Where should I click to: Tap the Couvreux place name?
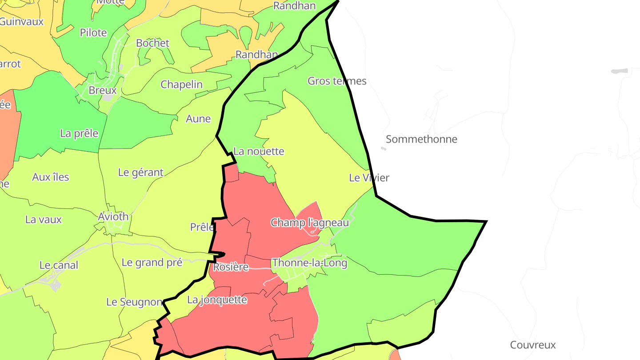click(x=533, y=345)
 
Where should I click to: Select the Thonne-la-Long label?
click(x=309, y=263)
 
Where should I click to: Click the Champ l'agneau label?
click(x=310, y=222)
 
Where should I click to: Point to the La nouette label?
click(x=259, y=152)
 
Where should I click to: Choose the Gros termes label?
click(x=337, y=81)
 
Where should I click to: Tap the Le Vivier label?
click(x=369, y=178)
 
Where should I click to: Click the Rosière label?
click(x=231, y=267)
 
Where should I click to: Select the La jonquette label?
click(x=217, y=300)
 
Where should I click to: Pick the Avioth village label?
click(x=113, y=217)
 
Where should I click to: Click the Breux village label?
click(x=103, y=90)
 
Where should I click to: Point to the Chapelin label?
click(x=181, y=84)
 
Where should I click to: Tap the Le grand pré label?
click(x=152, y=263)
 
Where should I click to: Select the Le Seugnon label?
click(x=134, y=302)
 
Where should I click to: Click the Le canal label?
click(x=59, y=265)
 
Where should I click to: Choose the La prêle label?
click(x=79, y=133)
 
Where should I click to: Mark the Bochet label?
click(x=152, y=43)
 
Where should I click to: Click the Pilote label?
click(x=93, y=32)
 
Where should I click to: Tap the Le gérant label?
click(x=140, y=172)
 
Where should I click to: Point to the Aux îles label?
click(x=51, y=177)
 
